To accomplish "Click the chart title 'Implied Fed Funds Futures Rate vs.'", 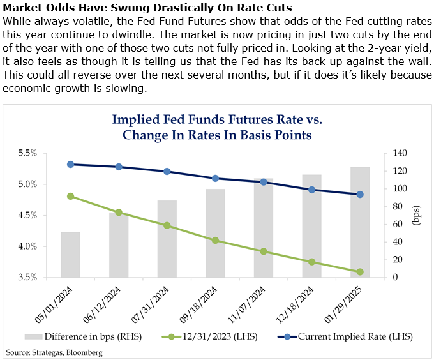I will click(x=217, y=119).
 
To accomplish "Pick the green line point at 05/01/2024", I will click(x=70, y=196).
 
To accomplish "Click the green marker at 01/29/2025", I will click(x=360, y=272).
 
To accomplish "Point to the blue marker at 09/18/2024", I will click(x=215, y=179).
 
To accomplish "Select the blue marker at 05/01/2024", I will click(x=70, y=164).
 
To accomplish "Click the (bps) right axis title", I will click(x=417, y=216).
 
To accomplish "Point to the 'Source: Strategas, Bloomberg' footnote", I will click(x=54, y=352).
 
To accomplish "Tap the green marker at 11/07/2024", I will click(x=264, y=251).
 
